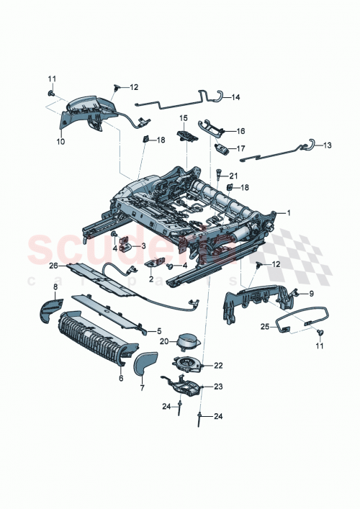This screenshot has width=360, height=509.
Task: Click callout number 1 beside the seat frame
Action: tap(289, 213)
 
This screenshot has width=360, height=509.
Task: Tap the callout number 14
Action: tap(236, 97)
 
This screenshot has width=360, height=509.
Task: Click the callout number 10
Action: tap(60, 142)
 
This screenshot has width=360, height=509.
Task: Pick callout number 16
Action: tap(241, 132)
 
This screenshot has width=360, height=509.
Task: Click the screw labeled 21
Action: tap(218, 173)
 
